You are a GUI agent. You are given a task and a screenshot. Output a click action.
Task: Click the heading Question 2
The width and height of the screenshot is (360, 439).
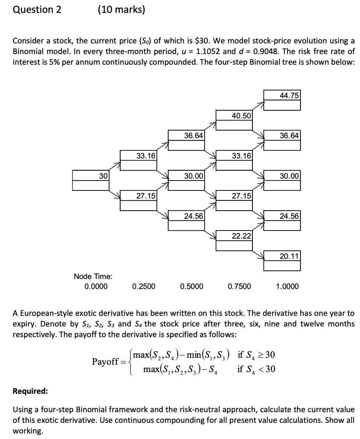(37, 10)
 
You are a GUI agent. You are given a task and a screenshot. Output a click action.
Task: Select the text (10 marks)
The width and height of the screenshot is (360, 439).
(121, 10)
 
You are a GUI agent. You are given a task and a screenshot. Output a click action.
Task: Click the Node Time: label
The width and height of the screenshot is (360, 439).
(93, 276)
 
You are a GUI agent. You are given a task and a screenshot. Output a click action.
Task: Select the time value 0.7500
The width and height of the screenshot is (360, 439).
(240, 286)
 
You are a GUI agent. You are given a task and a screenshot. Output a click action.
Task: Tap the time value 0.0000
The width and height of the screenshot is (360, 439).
(96, 286)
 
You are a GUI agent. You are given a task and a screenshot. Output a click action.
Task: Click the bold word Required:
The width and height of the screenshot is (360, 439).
(30, 391)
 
